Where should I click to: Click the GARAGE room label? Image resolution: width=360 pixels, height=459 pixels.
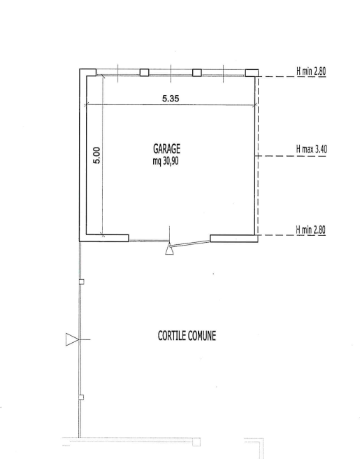tap(166, 149)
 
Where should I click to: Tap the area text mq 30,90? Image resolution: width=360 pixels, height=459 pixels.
tap(166, 161)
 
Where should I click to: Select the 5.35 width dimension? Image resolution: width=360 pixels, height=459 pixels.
tap(171, 99)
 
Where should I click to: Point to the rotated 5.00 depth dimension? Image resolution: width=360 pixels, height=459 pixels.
tap(96, 155)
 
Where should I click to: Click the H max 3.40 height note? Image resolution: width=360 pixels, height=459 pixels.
tap(312, 149)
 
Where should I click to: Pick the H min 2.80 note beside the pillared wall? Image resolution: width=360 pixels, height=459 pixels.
tap(311, 71)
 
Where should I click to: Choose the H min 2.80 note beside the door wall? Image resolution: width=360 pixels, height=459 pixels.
tap(310, 229)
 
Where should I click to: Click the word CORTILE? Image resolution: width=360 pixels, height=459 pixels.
tap(171, 335)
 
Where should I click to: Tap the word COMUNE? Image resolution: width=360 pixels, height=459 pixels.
tap(201, 335)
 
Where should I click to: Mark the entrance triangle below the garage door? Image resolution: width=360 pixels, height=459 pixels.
tap(169, 250)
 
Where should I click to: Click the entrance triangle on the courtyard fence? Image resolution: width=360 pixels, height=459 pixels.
tap(72, 339)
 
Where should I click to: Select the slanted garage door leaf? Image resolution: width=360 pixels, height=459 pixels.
tap(189, 243)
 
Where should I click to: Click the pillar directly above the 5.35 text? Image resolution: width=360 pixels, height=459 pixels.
tap(197, 73)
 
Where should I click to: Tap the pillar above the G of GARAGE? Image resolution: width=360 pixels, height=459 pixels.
tap(144, 72)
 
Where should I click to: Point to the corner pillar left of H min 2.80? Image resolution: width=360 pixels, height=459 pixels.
tap(252, 73)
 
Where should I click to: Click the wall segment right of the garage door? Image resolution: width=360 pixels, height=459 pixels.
tap(234, 239)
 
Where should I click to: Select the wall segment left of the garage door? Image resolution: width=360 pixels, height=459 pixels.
tap(107, 238)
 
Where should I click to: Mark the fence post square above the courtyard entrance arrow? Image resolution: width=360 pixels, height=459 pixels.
tap(82, 282)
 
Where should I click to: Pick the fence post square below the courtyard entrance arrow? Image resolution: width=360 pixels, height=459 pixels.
tap(81, 397)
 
